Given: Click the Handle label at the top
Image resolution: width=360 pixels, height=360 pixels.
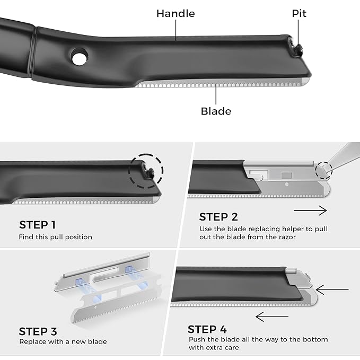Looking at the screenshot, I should (x=175, y=14).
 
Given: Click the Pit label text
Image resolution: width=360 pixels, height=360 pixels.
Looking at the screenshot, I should (x=299, y=14).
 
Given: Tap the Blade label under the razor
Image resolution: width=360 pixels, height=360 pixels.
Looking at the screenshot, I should (x=216, y=111).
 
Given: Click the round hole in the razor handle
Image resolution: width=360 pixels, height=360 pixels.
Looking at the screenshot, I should (x=79, y=58).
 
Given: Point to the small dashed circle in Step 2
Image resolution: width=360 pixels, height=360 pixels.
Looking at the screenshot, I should (x=323, y=170).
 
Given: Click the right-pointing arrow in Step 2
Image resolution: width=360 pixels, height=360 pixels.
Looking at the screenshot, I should (x=310, y=210).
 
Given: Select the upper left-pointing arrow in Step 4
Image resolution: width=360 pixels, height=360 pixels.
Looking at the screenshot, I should (x=332, y=290).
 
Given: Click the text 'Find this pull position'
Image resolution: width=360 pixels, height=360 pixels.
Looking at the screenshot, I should (x=56, y=237).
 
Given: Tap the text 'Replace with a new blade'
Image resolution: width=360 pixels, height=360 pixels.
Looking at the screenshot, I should (x=63, y=341).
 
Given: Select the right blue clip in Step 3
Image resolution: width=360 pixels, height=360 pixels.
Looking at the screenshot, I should (x=129, y=270).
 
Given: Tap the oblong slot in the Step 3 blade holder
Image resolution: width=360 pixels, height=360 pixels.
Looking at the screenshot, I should (x=104, y=276).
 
